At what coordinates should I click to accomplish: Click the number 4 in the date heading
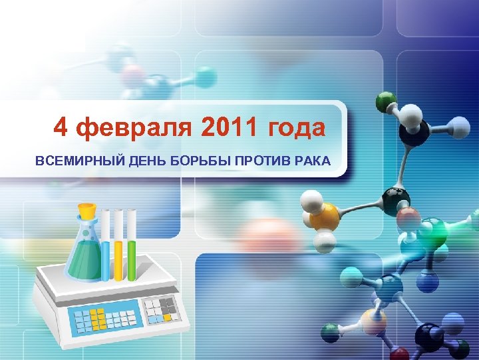click(x=61, y=127)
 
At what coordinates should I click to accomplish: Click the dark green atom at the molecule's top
click(x=385, y=102)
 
